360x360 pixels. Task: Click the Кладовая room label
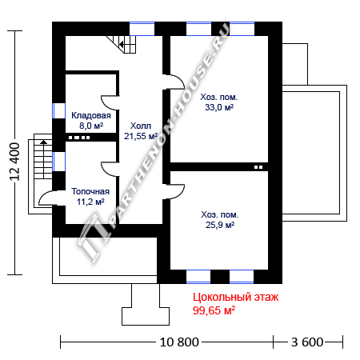(91, 115)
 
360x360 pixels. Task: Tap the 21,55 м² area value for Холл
(141, 136)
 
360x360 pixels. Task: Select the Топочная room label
(90, 191)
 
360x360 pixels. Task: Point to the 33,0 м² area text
(219, 107)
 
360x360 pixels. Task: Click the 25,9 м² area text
(220, 225)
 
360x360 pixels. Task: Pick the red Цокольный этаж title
(235, 297)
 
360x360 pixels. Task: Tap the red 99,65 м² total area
(214, 310)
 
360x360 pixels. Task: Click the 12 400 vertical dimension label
(14, 162)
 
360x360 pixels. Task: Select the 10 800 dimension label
(179, 342)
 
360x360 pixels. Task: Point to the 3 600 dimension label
(307, 342)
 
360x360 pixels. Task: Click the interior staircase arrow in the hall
(122, 44)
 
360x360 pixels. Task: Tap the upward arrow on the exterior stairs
(43, 142)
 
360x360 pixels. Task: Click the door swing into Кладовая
(109, 102)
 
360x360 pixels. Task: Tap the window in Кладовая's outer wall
(58, 110)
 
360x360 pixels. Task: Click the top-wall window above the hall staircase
(142, 29)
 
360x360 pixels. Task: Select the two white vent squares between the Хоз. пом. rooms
(258, 167)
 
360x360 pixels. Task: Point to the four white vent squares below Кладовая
(79, 138)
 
